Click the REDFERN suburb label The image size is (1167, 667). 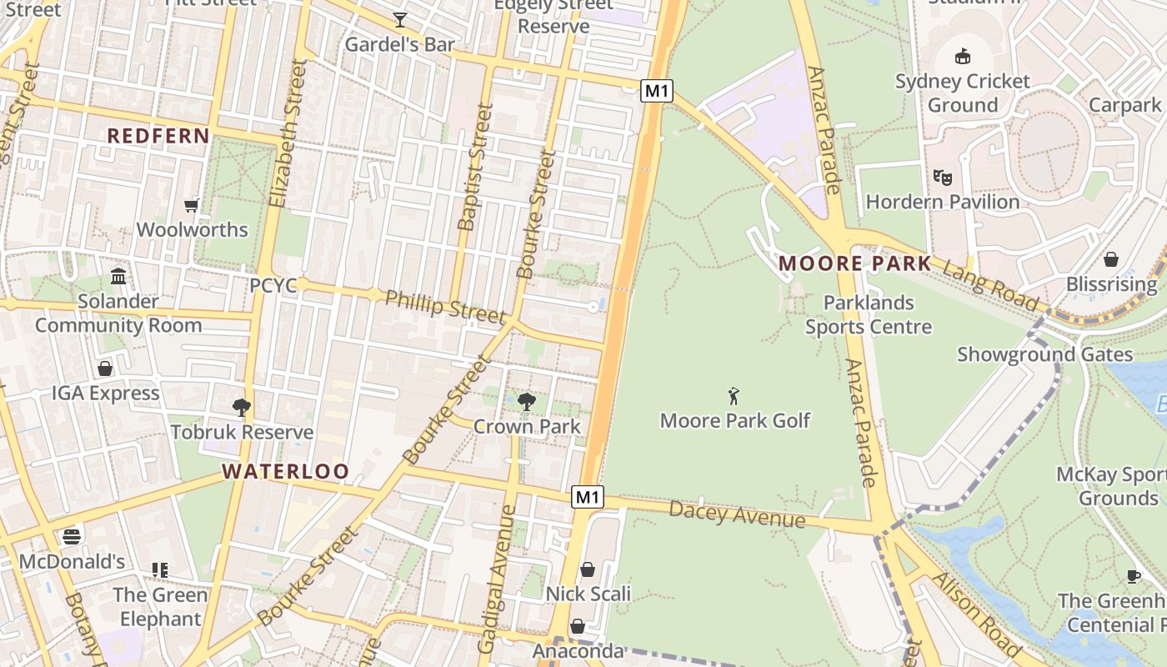[x=158, y=136]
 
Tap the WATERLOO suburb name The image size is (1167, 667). [x=285, y=471]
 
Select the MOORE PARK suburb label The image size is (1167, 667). [x=854, y=264]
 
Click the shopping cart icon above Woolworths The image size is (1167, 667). [x=192, y=205]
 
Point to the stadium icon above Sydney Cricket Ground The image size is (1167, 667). [x=963, y=57]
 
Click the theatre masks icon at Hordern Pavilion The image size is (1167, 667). [x=943, y=177]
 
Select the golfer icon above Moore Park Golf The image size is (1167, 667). [x=734, y=395]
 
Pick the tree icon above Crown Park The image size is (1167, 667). [x=527, y=402]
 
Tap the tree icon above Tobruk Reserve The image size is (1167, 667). [x=242, y=407]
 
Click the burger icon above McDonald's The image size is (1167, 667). [x=72, y=536]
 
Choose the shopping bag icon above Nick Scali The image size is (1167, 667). [x=588, y=569]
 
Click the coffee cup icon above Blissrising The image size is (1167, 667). [x=1110, y=259]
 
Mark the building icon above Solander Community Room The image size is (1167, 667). [x=118, y=276]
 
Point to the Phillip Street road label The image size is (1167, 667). [x=445, y=306]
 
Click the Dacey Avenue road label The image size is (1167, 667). [x=737, y=514]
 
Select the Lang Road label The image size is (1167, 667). [x=990, y=285]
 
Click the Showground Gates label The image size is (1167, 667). [x=1044, y=354]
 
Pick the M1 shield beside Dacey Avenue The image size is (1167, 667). [x=588, y=498]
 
